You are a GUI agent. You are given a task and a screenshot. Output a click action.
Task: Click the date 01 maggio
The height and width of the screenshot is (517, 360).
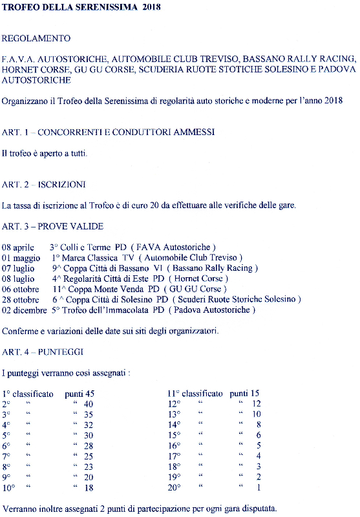(21, 257)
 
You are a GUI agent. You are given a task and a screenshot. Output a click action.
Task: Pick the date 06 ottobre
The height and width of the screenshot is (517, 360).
(21, 288)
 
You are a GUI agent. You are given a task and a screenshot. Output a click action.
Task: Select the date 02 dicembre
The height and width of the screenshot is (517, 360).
(25, 310)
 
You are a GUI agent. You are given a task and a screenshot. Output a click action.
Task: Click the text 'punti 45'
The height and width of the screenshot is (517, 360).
(79, 393)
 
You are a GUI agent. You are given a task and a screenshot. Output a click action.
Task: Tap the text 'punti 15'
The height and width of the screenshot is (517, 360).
(244, 393)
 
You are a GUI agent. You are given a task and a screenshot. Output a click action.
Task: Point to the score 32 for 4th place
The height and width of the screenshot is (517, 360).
(88, 425)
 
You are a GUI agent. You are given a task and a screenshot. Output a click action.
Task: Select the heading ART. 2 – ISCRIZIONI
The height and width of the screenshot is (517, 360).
(43, 184)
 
